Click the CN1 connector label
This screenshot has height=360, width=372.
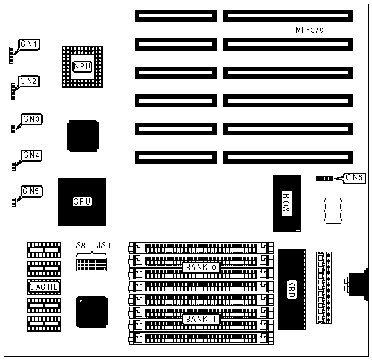click(x=29, y=44)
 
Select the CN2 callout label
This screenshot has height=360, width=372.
click(x=29, y=81)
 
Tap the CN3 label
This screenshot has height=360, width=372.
click(x=32, y=119)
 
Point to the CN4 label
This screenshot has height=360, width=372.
click(x=31, y=155)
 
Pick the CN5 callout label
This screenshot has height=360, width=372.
click(x=31, y=191)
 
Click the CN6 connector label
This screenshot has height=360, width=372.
click(x=354, y=178)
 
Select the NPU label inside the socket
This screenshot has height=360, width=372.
click(x=82, y=67)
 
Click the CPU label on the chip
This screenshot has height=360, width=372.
click(x=82, y=201)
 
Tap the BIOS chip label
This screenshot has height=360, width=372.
click(x=287, y=203)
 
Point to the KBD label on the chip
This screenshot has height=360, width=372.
click(x=292, y=289)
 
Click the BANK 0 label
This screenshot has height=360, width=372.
click(x=201, y=268)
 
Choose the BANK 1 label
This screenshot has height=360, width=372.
click(x=201, y=320)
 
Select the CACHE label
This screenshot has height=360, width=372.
click(x=44, y=287)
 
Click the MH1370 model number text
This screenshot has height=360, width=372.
click(x=310, y=30)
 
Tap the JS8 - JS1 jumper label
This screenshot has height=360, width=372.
click(x=91, y=245)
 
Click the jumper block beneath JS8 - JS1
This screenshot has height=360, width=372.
click(x=92, y=265)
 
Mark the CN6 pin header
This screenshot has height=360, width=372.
click(x=325, y=178)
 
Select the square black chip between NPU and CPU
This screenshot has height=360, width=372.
click(x=83, y=136)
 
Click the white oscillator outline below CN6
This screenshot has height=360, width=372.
click(x=333, y=210)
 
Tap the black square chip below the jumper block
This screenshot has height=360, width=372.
click(x=92, y=312)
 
